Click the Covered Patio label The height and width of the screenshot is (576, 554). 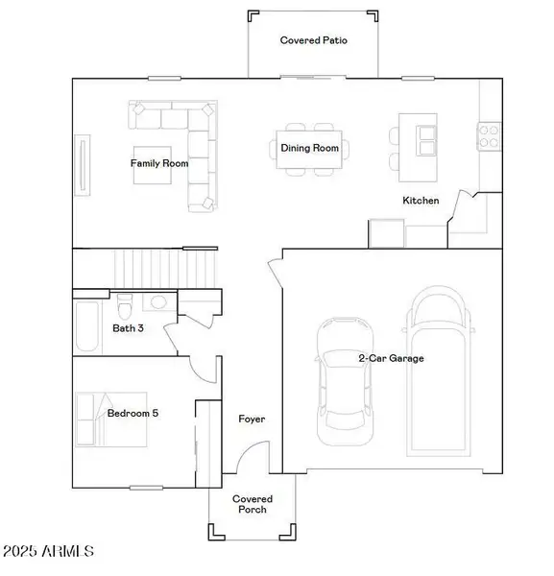313,40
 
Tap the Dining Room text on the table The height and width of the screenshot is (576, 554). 310,148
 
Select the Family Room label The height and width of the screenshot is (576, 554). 159,163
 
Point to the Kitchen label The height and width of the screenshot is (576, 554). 421,201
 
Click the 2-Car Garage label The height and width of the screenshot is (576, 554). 391,358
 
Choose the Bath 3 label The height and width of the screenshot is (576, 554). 128,328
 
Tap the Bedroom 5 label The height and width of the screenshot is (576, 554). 132,413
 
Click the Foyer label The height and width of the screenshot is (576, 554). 252,419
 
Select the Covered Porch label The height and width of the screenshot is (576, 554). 253,504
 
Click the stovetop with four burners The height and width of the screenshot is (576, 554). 489,136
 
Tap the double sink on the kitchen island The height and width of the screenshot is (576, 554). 426,140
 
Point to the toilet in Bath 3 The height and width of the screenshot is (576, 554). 125,306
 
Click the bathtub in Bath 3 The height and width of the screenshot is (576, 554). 87,326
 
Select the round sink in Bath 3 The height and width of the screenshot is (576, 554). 158,302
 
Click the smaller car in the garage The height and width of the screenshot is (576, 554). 345,381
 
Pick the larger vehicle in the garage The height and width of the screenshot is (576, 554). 438,371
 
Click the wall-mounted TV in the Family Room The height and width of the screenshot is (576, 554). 83,165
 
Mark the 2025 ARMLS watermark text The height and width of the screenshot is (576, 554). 49,551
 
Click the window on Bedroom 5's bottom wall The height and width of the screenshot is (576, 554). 146,488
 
